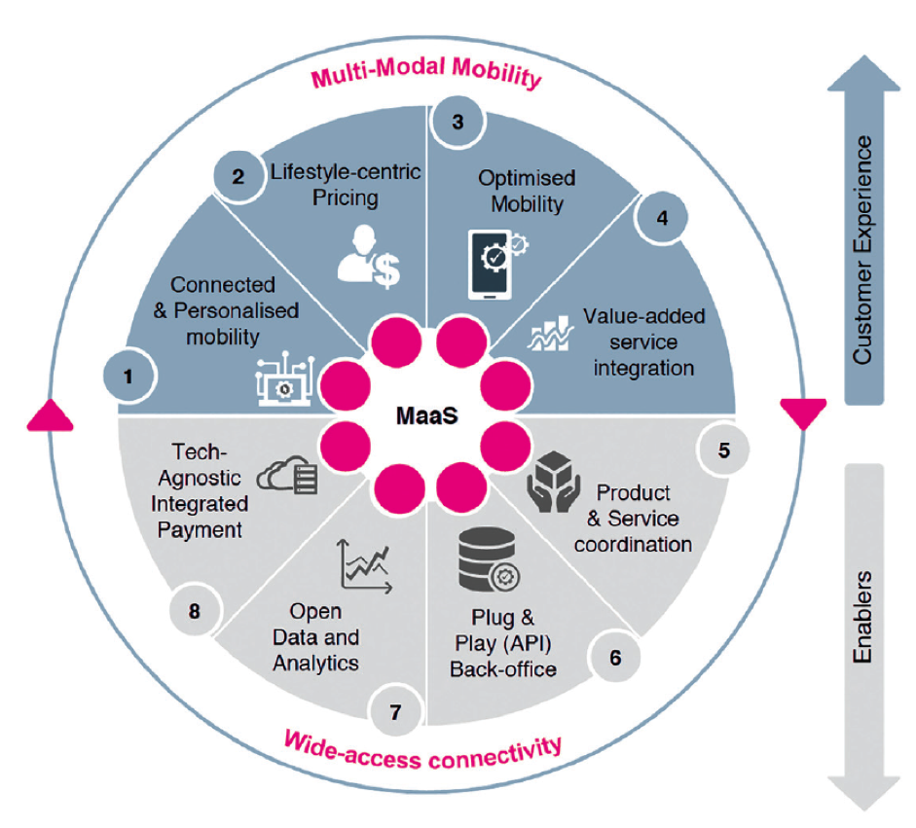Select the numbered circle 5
(x=723, y=450)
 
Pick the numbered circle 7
(x=395, y=712)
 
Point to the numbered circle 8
(x=195, y=612)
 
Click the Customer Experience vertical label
(x=862, y=251)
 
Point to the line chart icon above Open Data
(x=365, y=565)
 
